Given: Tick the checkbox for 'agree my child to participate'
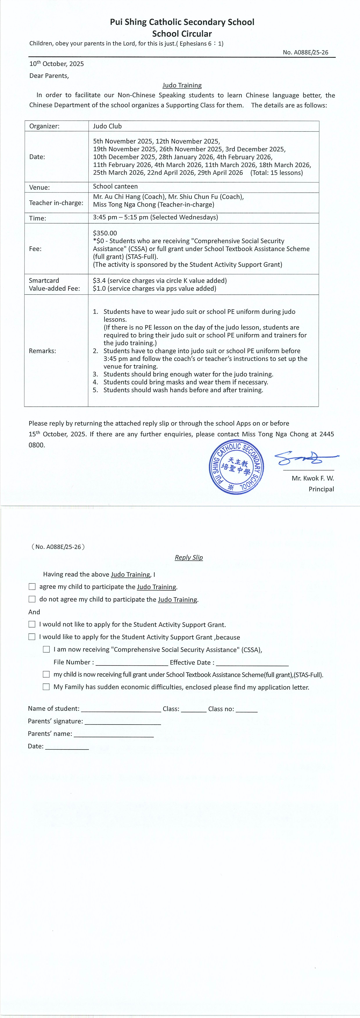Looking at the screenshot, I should click(32, 587).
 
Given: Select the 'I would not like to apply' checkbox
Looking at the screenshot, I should click(32, 624).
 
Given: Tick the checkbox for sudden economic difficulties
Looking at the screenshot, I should click(46, 687).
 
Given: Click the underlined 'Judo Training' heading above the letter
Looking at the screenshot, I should click(182, 85).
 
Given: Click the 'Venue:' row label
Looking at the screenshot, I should click(39, 187).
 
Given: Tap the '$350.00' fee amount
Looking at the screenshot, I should click(105, 233).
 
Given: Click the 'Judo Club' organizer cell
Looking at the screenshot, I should click(107, 126).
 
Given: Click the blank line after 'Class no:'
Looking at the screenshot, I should click(247, 709).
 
